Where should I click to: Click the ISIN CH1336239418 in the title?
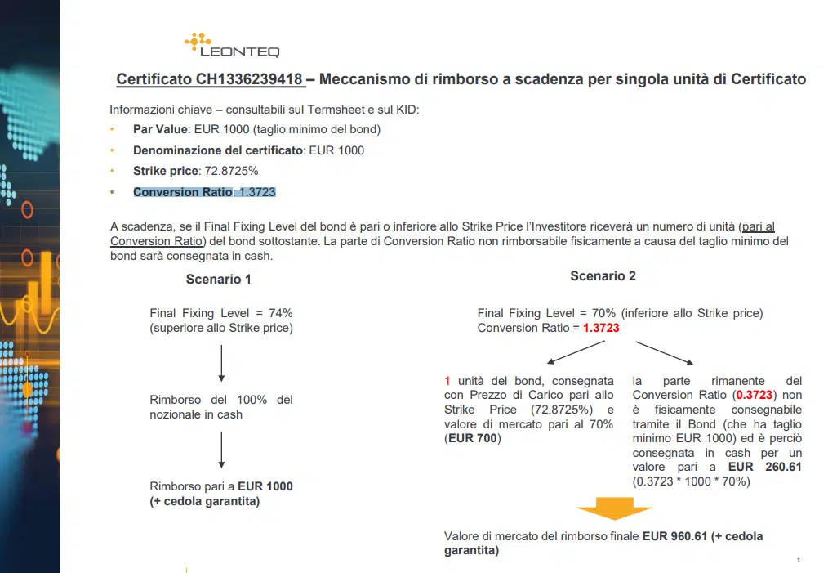(x=250, y=79)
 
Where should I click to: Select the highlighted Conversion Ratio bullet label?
(x=182, y=192)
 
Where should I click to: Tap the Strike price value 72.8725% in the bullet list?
(x=231, y=172)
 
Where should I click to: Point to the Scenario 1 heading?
(x=218, y=279)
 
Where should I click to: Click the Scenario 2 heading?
(x=603, y=276)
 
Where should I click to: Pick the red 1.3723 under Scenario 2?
(x=601, y=328)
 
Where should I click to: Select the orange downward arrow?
(x=614, y=509)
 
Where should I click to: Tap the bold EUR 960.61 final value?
(x=674, y=536)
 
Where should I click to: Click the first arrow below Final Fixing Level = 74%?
(x=221, y=364)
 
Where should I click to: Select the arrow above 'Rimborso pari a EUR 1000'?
(x=221, y=450)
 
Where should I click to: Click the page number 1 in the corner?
(x=798, y=560)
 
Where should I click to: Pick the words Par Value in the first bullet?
(x=160, y=129)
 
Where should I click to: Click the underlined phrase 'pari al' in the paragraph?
(x=758, y=226)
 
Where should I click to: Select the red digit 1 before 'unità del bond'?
(x=447, y=381)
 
